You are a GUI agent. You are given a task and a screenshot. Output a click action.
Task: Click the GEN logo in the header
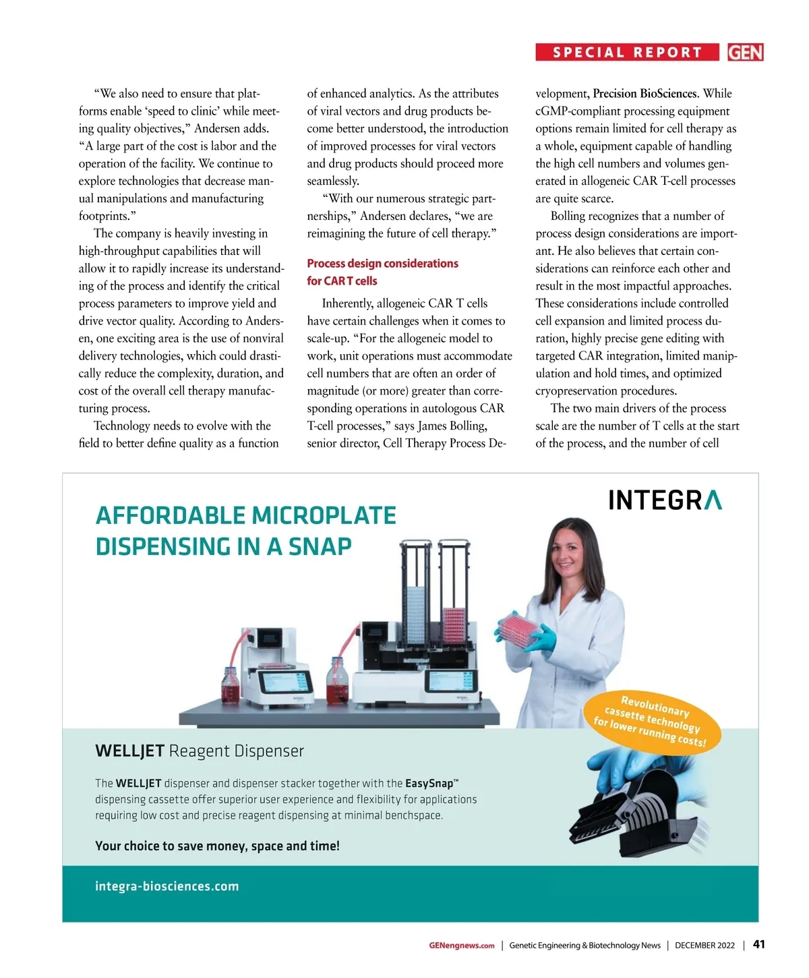(x=745, y=53)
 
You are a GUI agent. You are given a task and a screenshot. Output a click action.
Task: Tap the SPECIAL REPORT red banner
(x=628, y=53)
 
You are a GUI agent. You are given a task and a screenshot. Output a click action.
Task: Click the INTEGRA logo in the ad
(x=665, y=500)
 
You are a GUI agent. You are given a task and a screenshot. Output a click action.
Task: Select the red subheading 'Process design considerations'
(x=382, y=264)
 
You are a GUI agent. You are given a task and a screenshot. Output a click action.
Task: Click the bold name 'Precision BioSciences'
(x=645, y=94)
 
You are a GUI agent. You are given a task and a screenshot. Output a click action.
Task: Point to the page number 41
(x=758, y=944)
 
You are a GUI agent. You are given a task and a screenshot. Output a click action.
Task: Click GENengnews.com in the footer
(x=462, y=946)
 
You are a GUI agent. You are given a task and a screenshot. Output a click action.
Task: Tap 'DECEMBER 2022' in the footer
(x=705, y=946)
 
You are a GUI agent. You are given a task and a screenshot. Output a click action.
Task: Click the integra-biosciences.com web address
(x=167, y=886)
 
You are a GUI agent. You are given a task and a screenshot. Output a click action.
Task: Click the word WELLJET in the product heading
(x=129, y=751)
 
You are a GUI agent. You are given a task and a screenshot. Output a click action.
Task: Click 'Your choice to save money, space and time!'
(x=217, y=846)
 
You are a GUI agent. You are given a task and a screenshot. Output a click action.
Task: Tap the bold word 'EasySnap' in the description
(x=429, y=784)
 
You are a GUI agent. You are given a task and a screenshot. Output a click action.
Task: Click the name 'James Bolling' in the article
(x=452, y=426)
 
